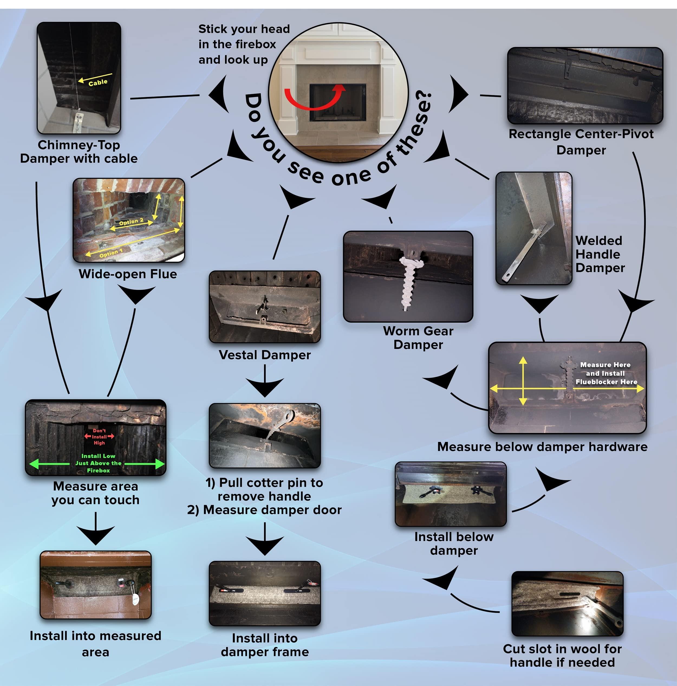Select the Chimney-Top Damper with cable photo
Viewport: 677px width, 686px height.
(x=79, y=78)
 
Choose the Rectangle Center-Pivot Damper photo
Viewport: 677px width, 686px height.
(x=585, y=86)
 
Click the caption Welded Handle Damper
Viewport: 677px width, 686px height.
(x=599, y=254)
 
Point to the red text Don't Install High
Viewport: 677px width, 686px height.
(x=99, y=437)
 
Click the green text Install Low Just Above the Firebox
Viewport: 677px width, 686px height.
(x=98, y=463)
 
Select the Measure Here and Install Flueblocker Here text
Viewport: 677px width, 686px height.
(x=606, y=373)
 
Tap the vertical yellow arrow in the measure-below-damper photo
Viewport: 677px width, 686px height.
(x=523, y=381)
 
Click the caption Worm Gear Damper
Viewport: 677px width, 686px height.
(x=418, y=338)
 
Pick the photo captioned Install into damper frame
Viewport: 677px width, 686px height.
(x=265, y=593)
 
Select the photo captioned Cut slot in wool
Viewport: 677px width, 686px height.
(x=567, y=604)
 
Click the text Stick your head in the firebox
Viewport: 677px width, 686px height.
(x=244, y=44)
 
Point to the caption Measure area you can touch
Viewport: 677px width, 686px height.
(x=95, y=493)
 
